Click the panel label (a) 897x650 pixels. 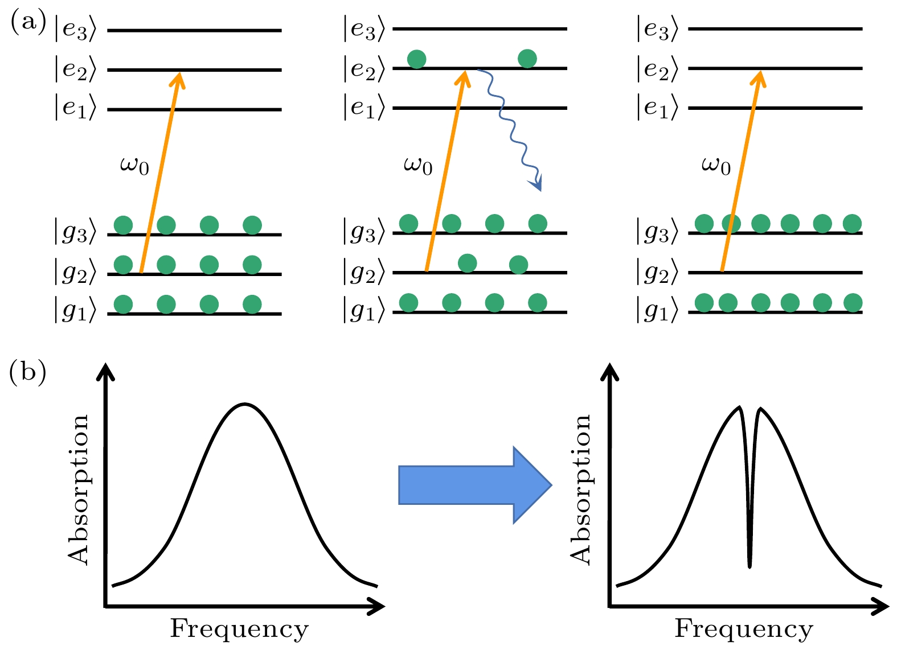28,23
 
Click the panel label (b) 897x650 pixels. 28,373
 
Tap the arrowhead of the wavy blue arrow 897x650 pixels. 536,184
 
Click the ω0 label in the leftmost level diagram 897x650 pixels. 134,166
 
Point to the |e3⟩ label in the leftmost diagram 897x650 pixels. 75,30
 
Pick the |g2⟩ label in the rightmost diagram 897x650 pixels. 657,272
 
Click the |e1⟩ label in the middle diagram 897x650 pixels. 364,108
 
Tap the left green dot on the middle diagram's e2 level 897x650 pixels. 417,59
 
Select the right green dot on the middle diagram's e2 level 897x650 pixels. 527,58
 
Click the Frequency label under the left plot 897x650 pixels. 239,629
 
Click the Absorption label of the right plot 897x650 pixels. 581,489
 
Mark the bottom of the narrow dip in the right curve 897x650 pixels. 749,566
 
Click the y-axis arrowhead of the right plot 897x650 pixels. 610,371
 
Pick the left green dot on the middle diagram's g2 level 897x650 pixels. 467,263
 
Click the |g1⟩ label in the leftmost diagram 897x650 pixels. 75,311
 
